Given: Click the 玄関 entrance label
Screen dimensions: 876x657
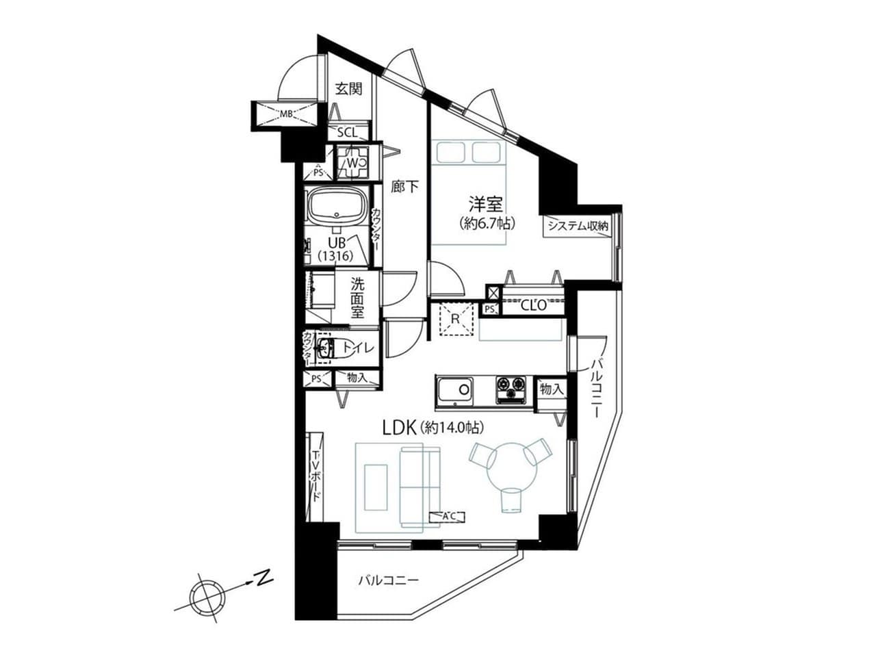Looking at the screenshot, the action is coord(348,89).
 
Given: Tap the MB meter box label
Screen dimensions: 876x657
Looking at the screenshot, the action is coord(286,114).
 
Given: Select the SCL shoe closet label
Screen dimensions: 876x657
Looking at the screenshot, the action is coord(348,133).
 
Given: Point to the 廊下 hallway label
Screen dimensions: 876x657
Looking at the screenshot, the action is coord(404,186).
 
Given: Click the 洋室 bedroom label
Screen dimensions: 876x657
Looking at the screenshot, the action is coord(485,205).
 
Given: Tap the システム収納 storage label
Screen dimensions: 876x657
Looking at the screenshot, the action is coord(578,226).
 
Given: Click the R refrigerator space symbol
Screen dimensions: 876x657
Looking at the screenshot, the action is coord(455,319).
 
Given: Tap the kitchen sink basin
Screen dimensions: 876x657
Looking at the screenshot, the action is coord(455,391).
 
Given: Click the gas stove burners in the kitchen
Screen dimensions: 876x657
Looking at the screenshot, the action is coord(511,389).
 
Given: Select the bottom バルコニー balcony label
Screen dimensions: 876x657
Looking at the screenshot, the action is coord(388,591).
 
